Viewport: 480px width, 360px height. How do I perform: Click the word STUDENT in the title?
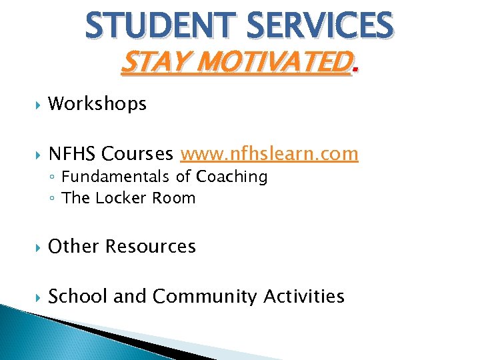point(160,26)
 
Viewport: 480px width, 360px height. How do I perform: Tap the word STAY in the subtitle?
point(146,64)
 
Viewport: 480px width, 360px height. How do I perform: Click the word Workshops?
point(97,104)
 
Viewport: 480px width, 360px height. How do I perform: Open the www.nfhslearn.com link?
point(269,155)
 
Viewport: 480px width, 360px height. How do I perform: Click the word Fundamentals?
point(117,177)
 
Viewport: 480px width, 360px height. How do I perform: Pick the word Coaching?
point(230,177)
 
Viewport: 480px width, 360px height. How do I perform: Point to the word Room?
point(175,198)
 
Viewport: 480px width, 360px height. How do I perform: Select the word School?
point(78,296)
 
